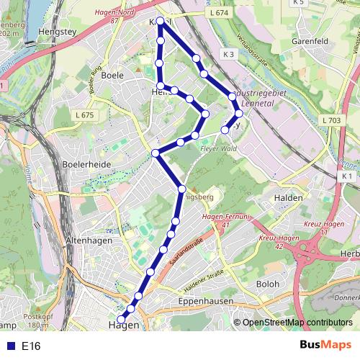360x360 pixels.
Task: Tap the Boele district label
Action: (113, 74)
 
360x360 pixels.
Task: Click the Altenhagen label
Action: (86, 240)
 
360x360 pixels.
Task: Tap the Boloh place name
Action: (267, 284)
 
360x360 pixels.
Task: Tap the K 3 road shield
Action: (229, 55)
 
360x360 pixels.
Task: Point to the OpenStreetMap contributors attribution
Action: (297, 323)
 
